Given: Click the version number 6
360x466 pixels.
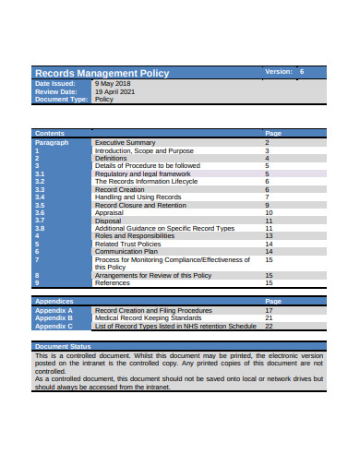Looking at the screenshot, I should coord(301,71).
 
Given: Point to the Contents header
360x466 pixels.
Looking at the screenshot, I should coord(50,134).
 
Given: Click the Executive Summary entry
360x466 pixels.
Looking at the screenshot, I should coord(125,143).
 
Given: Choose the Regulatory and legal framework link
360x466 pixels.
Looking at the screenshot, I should coord(142,173).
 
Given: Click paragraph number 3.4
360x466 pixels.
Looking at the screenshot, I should coord(40,197).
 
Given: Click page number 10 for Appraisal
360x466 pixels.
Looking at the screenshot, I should coord(269,212).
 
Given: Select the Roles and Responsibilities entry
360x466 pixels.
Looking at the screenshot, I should coord(136,235).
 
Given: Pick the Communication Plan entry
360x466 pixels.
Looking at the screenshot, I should coord(126,251).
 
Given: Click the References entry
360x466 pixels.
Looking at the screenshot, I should coord(113,282).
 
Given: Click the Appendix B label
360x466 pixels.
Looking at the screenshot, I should coord(53,318).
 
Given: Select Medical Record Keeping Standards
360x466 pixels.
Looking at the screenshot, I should coord(150,318).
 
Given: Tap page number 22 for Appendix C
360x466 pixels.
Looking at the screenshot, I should coord(269,326).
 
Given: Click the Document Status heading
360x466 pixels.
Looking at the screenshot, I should coord(62,345).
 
